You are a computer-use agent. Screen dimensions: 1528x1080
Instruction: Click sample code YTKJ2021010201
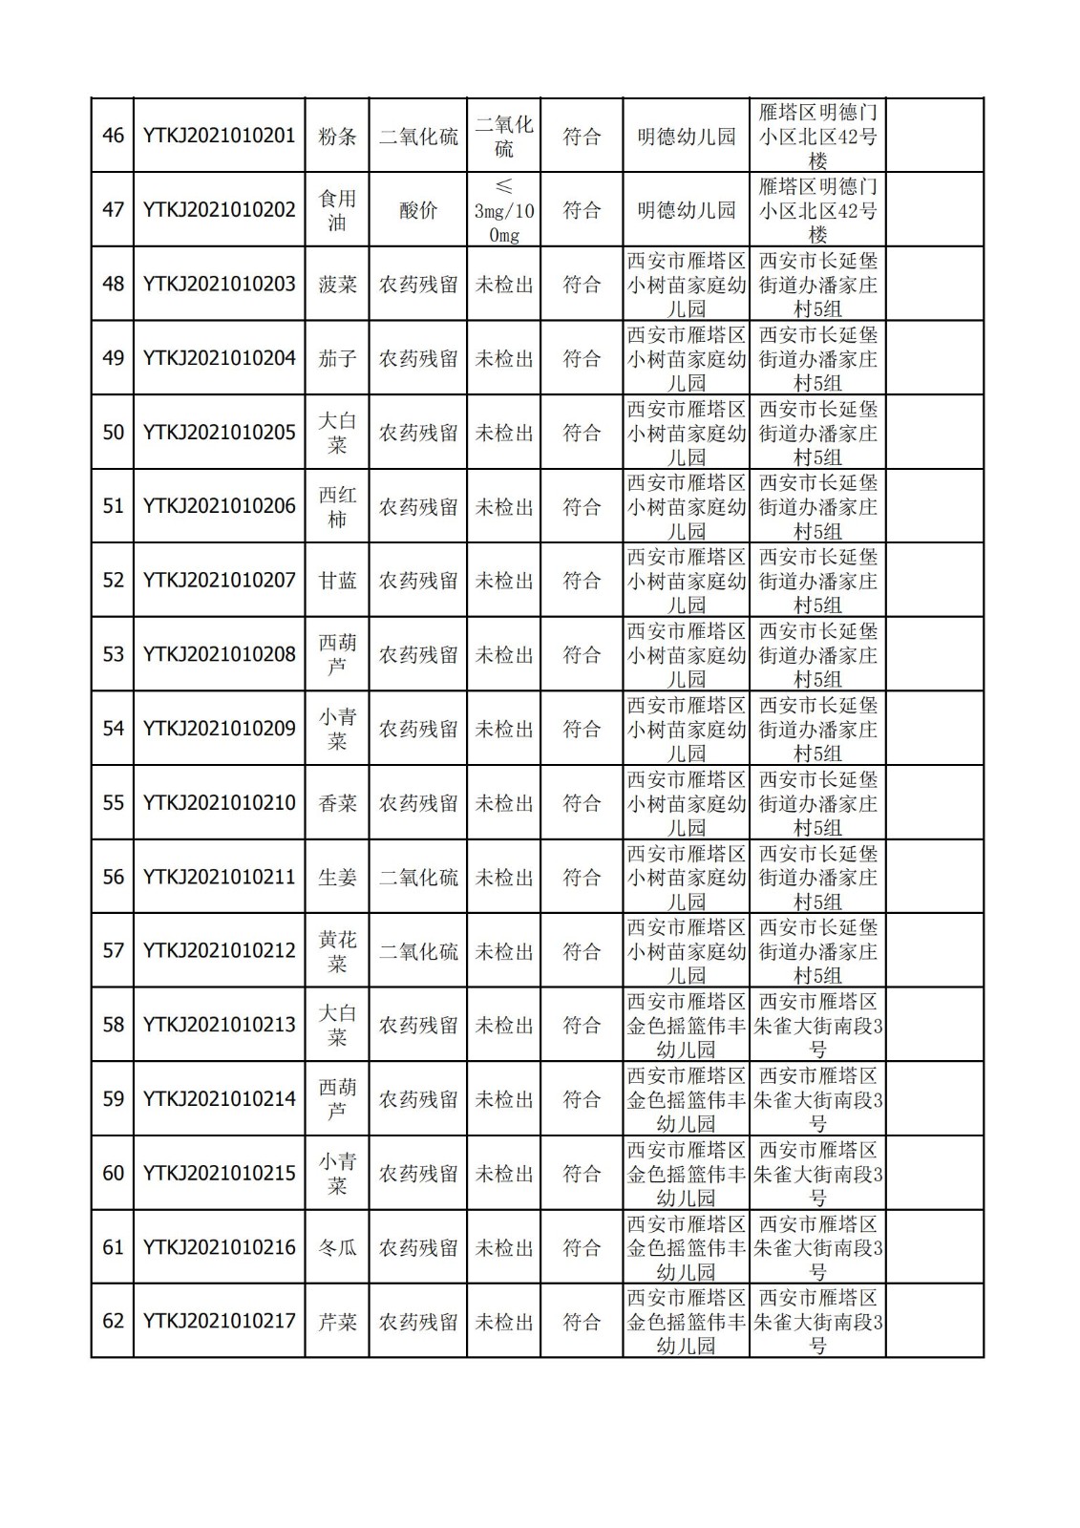click(219, 136)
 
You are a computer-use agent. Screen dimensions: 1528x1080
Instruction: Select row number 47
click(113, 209)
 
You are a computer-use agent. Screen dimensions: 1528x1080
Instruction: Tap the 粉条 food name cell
click(337, 136)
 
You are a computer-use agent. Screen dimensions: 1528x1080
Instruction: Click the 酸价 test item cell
click(418, 209)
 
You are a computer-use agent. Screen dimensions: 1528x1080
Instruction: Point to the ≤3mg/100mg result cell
click(503, 210)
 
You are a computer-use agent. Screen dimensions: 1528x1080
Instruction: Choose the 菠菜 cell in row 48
click(337, 284)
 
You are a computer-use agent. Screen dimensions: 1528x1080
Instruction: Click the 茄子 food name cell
click(337, 358)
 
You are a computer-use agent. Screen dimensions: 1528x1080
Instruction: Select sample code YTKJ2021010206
click(219, 506)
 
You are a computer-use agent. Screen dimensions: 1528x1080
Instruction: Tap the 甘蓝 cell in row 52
click(337, 581)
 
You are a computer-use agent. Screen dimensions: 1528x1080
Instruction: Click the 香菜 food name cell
click(337, 803)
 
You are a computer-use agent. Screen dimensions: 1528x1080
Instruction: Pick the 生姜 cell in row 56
click(337, 877)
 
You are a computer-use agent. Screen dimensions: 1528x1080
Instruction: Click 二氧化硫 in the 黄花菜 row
click(418, 951)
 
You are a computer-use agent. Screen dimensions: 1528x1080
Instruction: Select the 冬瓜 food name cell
click(337, 1247)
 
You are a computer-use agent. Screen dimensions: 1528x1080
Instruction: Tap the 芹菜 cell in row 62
click(337, 1322)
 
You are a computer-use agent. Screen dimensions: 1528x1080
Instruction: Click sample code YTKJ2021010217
click(219, 1322)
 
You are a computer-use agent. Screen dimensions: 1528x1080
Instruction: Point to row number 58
click(113, 1025)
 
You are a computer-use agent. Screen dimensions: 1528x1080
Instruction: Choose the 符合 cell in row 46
click(582, 136)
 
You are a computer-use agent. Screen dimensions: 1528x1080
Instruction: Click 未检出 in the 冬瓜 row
click(503, 1247)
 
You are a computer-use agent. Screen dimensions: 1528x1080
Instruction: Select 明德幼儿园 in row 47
click(686, 209)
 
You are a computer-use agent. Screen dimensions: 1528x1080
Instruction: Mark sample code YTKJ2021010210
click(219, 803)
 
